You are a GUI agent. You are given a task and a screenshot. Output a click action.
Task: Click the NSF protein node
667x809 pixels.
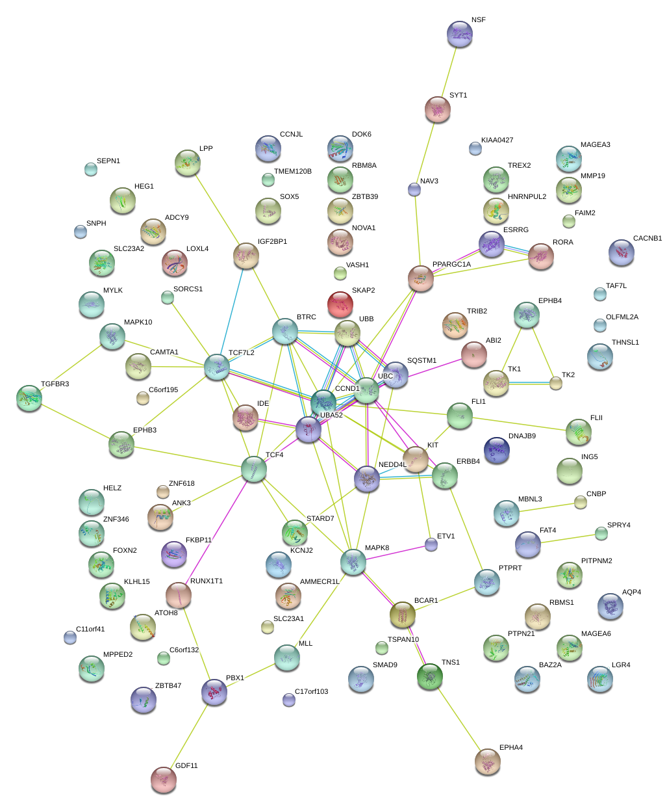[x=460, y=34]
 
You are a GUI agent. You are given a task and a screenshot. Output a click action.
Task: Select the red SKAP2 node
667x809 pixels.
[x=340, y=304]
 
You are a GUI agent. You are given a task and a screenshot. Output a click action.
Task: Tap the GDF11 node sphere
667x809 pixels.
[x=163, y=780]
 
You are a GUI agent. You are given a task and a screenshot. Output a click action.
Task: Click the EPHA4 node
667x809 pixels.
[x=487, y=762]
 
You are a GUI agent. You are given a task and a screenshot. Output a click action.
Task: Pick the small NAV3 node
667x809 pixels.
[x=414, y=190]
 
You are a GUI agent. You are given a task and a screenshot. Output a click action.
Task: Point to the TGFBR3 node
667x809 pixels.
[x=29, y=398]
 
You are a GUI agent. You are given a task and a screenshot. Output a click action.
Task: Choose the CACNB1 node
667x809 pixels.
[x=622, y=253]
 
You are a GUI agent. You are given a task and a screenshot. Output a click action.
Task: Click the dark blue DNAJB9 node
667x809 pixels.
[x=497, y=450]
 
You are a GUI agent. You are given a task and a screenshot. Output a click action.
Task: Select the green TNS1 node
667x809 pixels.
[x=430, y=677]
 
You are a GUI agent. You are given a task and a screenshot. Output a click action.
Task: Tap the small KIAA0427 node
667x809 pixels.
[x=475, y=149]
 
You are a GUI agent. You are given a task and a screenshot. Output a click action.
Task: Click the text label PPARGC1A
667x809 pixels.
[x=451, y=265]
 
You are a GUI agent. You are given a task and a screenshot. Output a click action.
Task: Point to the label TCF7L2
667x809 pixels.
[x=241, y=353]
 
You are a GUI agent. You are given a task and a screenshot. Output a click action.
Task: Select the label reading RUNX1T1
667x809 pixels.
[x=206, y=581]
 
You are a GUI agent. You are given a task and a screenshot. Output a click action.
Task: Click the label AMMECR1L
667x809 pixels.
[x=320, y=582]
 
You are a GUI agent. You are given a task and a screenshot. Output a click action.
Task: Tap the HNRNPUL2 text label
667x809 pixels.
[x=527, y=196]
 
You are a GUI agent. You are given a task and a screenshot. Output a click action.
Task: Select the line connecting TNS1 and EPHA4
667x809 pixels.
[x=458, y=719]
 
